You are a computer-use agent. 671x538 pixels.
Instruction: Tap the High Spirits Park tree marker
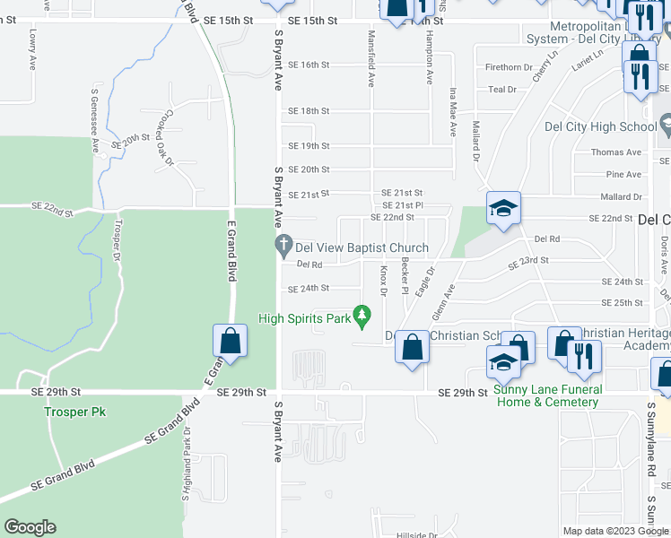click(362, 316)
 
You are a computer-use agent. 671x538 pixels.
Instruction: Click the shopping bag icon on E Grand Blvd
click(230, 342)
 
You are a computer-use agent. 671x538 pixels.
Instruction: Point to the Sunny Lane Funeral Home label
click(546, 395)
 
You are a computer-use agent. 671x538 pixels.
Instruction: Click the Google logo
click(30, 527)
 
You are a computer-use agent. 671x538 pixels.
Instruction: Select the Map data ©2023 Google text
click(614, 531)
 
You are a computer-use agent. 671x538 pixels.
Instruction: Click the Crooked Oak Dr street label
click(162, 143)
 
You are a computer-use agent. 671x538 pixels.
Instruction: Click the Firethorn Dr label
click(509, 67)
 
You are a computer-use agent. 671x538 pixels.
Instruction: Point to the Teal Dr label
click(502, 90)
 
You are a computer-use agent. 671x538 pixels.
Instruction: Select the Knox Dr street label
click(384, 281)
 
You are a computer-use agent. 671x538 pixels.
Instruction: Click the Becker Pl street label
click(405, 276)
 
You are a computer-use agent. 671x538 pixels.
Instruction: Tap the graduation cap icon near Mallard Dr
click(503, 209)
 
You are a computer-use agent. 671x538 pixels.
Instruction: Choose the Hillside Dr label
click(416, 535)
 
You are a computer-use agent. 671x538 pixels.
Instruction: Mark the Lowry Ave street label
click(31, 43)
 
